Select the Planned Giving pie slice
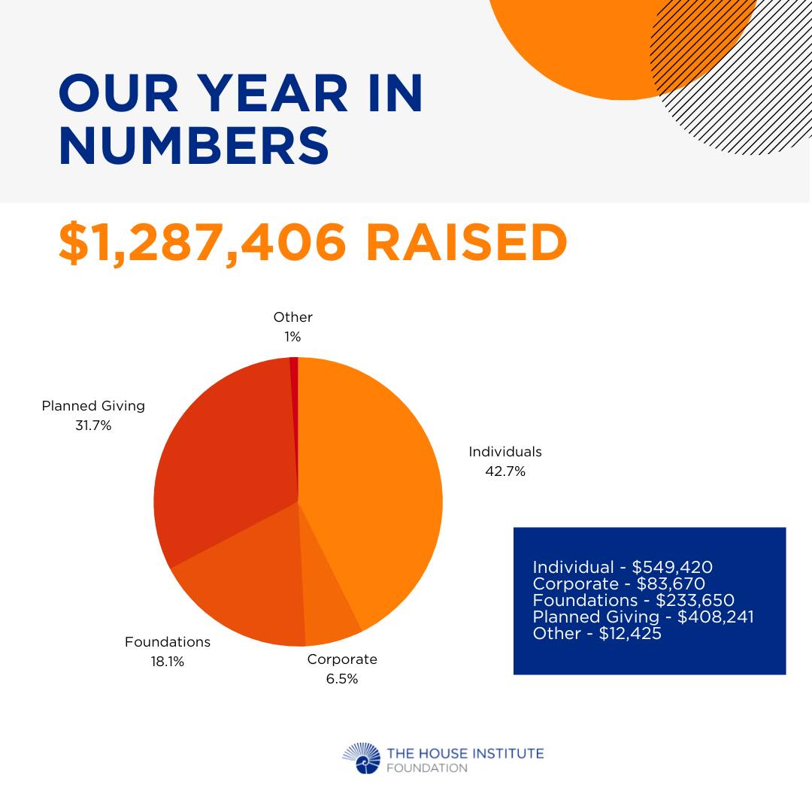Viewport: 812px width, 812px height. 228,466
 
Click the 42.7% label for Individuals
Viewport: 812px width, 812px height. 505,471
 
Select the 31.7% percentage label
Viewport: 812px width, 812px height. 93,426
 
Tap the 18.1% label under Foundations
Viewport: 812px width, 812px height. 167,662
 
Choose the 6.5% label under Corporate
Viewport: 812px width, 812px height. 342,679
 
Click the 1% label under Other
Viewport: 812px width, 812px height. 292,337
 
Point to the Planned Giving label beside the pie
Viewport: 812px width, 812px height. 93,406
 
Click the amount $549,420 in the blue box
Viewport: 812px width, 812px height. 672,568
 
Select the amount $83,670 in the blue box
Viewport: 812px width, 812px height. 671,584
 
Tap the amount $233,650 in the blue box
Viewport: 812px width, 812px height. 695,601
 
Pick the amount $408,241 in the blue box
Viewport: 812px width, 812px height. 716,617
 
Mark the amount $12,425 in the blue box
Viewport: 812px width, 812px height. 630,634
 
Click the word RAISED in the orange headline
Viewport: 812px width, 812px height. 467,242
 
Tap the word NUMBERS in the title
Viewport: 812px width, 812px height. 194,146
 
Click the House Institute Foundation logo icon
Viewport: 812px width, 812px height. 362,758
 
